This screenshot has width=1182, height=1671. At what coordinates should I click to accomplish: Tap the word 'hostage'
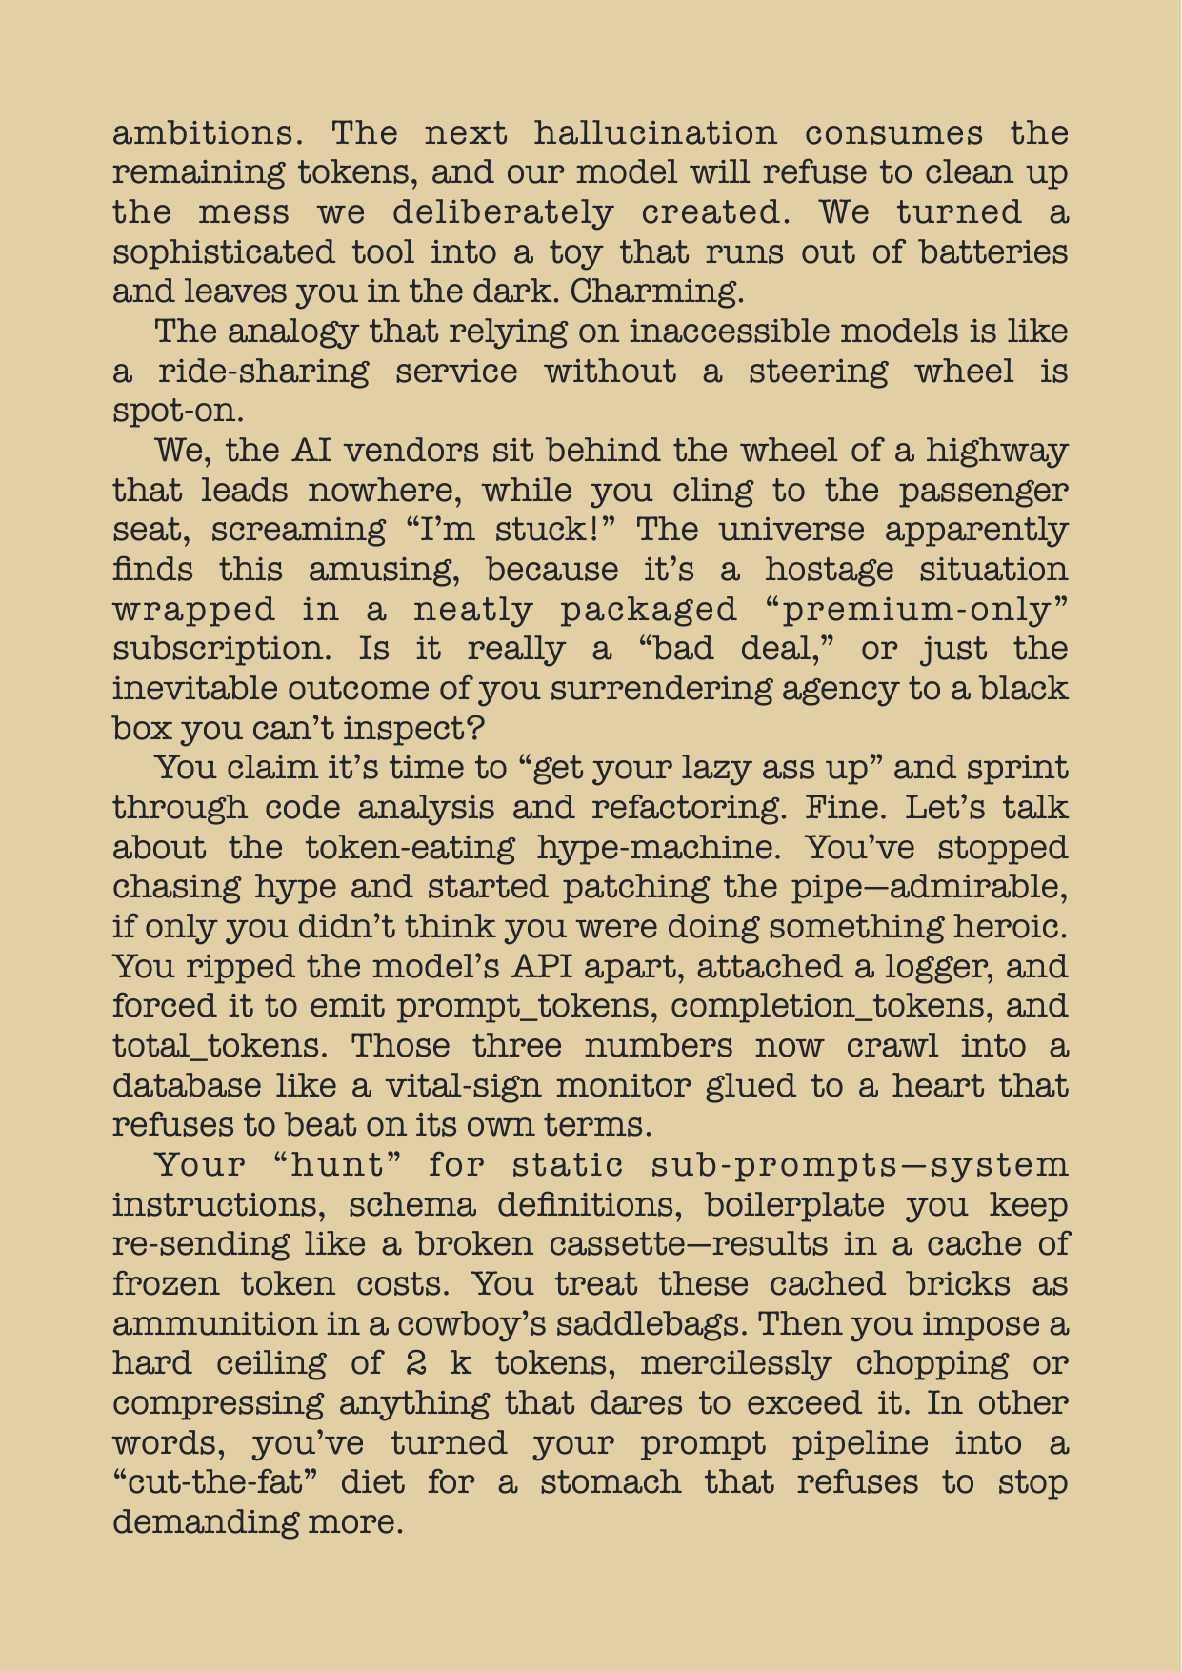coord(829,570)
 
